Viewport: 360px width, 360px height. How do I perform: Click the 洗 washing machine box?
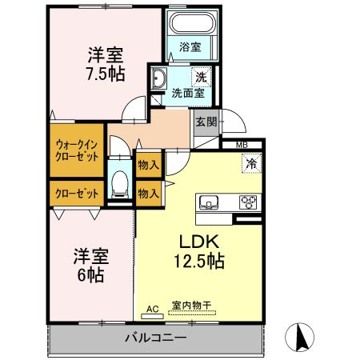203,78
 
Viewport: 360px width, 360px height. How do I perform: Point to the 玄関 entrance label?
206,122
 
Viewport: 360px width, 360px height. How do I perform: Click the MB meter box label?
241,144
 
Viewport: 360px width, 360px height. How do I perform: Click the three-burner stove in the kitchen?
249,202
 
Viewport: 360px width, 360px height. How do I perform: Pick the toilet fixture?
120,183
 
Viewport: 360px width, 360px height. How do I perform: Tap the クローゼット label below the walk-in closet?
78,193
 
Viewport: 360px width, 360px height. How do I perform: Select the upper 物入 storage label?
148,165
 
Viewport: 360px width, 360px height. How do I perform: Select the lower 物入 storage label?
148,193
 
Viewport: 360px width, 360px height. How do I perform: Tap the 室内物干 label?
191,306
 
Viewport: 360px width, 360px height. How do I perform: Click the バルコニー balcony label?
156,338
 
